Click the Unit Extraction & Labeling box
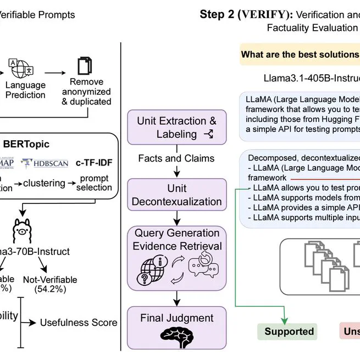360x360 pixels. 176,127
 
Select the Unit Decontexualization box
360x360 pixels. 176,195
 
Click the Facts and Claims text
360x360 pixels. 176,158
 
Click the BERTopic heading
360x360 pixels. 42,144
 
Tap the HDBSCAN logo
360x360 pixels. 45,163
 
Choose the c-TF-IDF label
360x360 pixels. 93,163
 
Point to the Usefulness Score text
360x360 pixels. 79,322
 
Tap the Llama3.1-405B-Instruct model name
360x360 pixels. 308,79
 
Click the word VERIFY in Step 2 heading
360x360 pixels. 258,14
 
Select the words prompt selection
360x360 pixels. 93,183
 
